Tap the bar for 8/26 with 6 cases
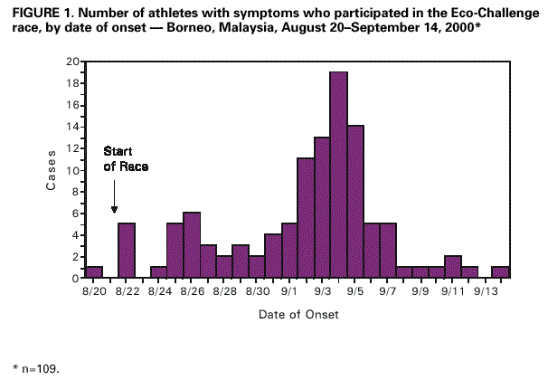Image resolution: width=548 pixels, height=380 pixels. point(192,245)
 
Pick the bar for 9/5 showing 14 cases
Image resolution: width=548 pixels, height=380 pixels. point(355,202)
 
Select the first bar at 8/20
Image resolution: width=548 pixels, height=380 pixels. point(93,272)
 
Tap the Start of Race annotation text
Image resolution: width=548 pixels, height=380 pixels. point(126,157)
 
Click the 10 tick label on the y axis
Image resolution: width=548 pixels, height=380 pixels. point(71,170)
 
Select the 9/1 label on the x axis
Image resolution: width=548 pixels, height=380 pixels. point(290,292)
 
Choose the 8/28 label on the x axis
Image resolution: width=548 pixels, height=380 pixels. point(225,292)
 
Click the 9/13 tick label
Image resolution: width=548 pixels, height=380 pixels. point(487,292)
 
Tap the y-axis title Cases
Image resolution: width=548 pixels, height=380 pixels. point(52,170)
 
